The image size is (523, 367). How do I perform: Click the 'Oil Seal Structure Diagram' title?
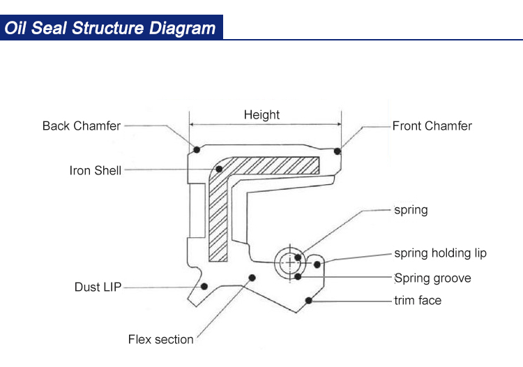110,28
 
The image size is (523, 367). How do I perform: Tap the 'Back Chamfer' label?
82,126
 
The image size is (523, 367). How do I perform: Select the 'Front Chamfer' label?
432,126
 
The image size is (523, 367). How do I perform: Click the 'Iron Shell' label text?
96,170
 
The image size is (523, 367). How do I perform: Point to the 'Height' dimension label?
261,115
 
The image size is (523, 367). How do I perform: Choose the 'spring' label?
411,209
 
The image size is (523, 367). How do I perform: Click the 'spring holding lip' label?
440,253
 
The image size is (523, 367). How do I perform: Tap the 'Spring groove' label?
432,278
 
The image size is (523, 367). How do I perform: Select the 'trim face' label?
418,301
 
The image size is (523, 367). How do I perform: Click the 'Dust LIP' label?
98,287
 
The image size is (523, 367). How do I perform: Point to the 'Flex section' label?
160,340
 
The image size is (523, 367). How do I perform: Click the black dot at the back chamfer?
197,149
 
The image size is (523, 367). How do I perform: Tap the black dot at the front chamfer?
338,151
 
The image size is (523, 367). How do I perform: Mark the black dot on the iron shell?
218,169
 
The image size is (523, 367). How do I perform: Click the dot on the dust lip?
204,286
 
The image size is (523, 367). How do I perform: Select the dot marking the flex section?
252,277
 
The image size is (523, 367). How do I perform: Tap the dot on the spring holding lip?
317,264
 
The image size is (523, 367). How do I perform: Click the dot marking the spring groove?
298,276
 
